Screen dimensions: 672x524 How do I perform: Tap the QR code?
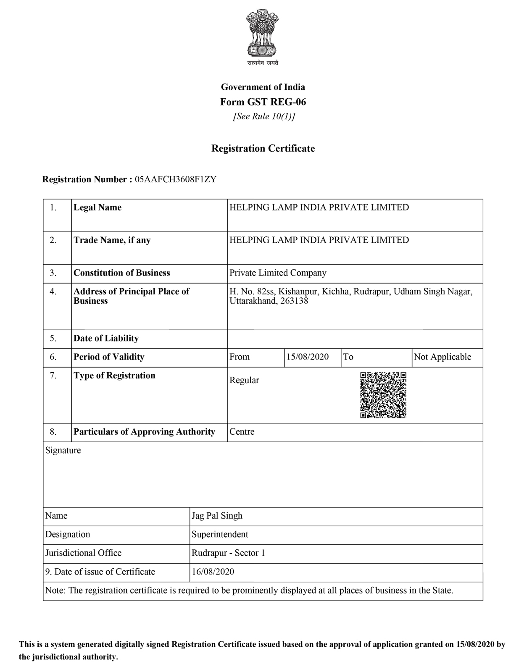point(383,395)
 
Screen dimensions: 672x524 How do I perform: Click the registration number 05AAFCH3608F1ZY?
point(175,180)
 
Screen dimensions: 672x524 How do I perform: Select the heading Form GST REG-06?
point(263,102)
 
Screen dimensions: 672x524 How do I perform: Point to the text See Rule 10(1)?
point(263,116)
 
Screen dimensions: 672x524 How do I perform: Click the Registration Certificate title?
point(263,148)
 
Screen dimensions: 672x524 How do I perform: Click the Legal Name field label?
point(97,207)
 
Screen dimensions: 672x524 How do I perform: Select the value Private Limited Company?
point(278,273)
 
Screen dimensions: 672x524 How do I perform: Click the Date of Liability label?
point(106,339)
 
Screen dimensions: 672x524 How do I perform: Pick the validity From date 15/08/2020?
point(308,357)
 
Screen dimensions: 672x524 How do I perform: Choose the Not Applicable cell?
point(442,357)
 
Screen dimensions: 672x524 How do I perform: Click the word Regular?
point(244,380)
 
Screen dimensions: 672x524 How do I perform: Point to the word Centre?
point(242,432)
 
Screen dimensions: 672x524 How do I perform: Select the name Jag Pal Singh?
point(217,516)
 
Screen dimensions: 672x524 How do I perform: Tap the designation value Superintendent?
point(220,534)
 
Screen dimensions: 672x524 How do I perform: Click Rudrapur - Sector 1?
point(228,553)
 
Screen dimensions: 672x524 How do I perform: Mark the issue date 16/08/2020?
point(213,572)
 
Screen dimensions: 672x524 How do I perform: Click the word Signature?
point(63,451)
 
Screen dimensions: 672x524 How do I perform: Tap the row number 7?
point(53,375)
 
